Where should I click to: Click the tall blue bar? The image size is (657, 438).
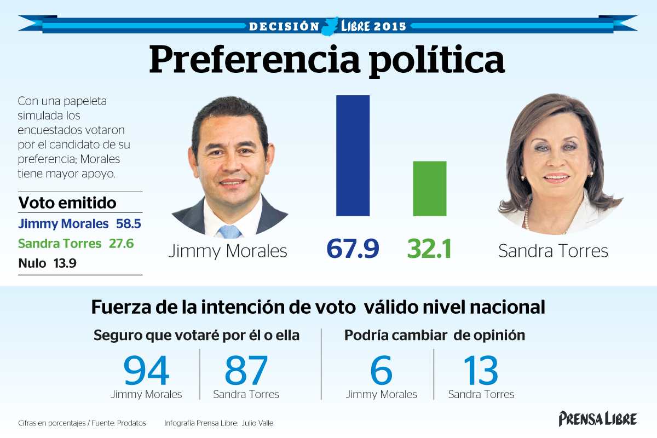(353, 155)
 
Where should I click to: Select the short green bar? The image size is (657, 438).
(429, 188)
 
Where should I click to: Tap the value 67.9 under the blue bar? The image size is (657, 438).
(353, 249)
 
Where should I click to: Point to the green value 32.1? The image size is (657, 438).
(429, 249)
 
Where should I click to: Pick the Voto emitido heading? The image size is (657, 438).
(67, 203)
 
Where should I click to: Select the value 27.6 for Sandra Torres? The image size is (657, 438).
(121, 244)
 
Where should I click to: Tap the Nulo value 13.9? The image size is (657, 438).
(65, 263)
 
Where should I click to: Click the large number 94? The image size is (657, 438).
(146, 371)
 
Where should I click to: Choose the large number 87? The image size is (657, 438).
(246, 371)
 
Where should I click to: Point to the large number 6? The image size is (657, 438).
(381, 371)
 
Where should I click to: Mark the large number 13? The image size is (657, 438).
(481, 371)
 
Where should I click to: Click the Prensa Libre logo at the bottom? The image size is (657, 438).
(598, 419)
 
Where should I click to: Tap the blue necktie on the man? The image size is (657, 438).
(229, 232)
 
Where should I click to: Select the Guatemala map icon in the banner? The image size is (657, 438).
(330, 26)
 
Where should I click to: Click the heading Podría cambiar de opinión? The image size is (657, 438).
(434, 336)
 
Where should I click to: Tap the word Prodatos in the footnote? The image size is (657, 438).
(131, 423)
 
